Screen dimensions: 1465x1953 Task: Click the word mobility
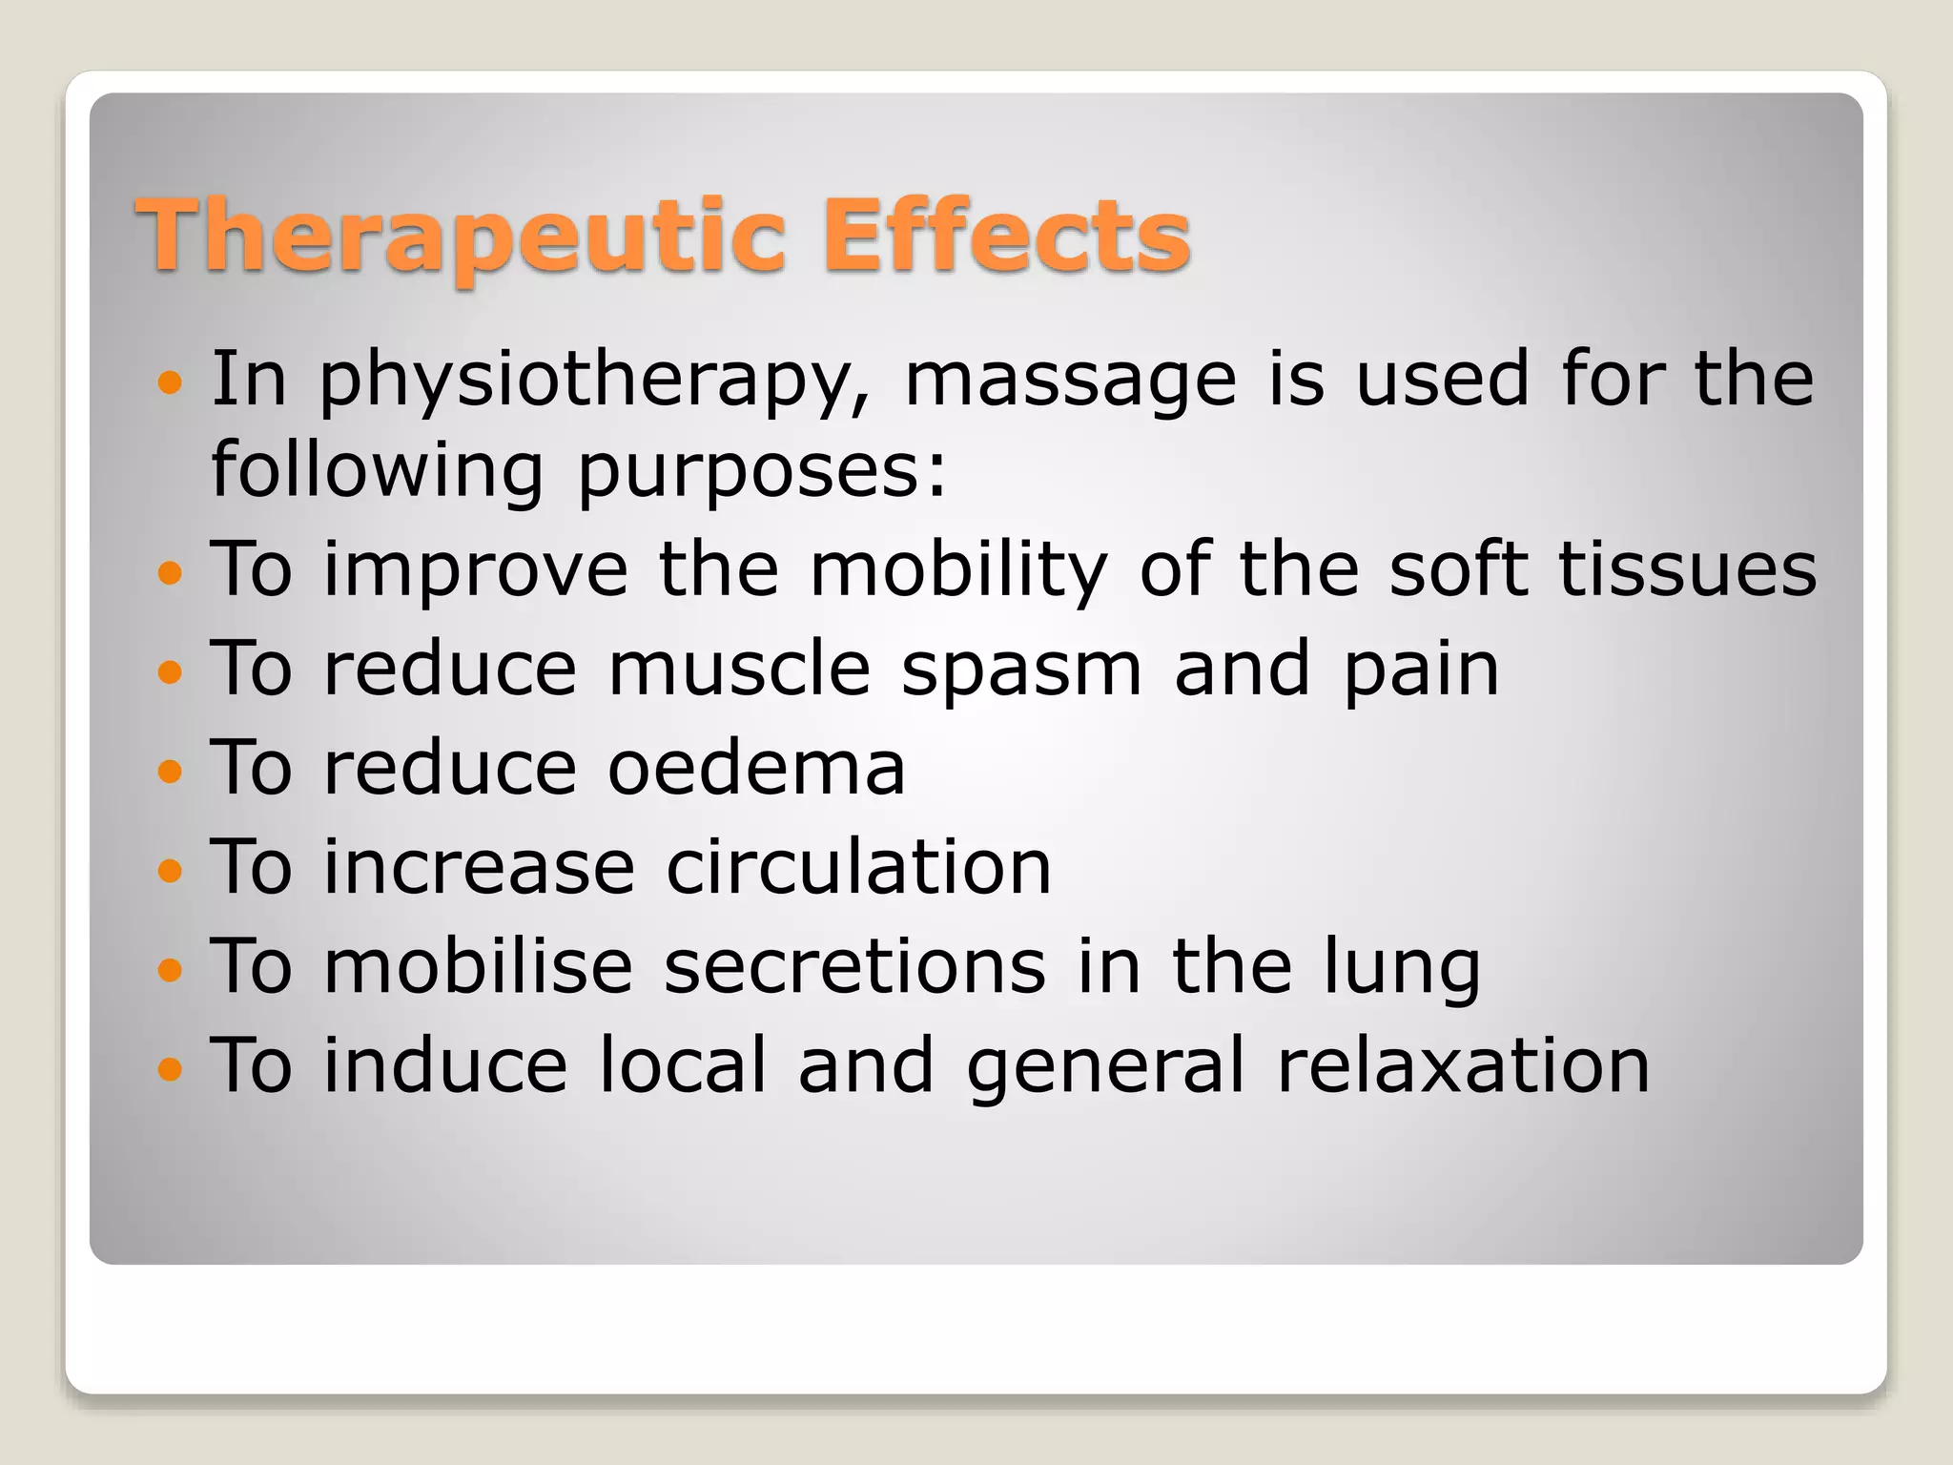(x=958, y=569)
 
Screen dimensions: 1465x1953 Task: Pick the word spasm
(x=1021, y=671)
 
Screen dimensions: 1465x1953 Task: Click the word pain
(x=1421, y=671)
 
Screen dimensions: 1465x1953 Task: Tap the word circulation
(x=858, y=867)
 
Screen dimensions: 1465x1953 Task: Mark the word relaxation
(x=1464, y=1065)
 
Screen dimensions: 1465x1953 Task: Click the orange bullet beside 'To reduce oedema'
(x=170, y=771)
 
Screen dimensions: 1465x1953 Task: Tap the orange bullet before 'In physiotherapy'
(x=170, y=383)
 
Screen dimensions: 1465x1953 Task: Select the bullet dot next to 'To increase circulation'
(x=170, y=870)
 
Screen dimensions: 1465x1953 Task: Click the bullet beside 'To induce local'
(x=170, y=1068)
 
